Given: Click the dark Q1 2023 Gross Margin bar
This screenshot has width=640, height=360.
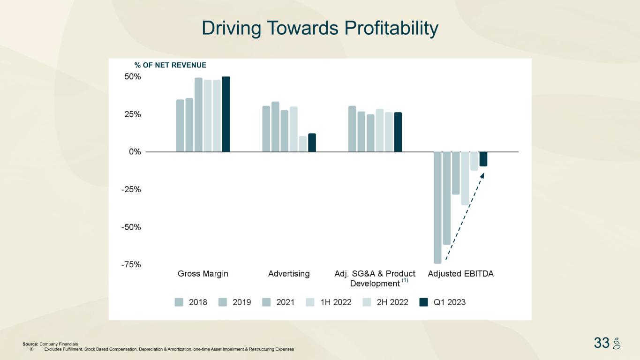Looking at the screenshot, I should point(226,114).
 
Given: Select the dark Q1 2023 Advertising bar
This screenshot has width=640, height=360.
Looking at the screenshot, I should point(312,142).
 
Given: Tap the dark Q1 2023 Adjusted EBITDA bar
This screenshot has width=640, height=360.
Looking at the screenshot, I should point(483,159).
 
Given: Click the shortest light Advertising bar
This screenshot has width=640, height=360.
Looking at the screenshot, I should point(303,144).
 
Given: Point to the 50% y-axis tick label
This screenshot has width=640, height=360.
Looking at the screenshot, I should point(132,77).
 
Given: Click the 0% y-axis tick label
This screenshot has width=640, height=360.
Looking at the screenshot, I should point(135,152).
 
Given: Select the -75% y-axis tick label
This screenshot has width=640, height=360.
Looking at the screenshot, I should point(131,264).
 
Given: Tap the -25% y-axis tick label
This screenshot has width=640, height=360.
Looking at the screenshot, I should point(131,189).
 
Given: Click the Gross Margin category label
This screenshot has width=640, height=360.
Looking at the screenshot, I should point(203,274).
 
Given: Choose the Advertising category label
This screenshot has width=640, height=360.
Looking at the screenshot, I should point(289,274).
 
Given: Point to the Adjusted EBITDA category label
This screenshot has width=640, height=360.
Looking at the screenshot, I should point(460,274).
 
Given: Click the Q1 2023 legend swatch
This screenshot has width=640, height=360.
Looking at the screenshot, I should point(424,302).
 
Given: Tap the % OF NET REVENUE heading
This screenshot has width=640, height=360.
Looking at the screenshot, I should point(170,65).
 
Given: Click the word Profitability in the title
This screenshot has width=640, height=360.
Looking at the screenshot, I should point(392,29).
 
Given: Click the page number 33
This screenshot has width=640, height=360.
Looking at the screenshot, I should point(602,343).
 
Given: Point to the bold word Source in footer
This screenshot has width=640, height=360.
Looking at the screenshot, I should point(30,344).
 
